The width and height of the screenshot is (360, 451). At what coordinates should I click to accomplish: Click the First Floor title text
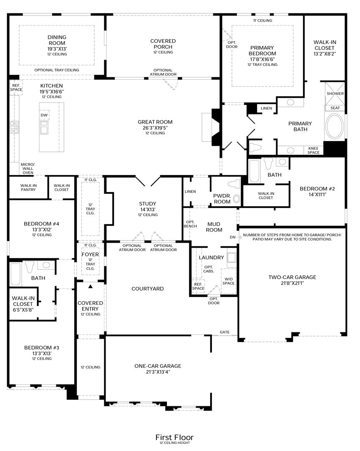click(x=174, y=437)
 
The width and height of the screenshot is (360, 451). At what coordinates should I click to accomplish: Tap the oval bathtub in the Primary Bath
click(x=335, y=127)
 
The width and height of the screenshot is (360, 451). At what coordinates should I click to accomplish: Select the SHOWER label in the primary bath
click(x=335, y=94)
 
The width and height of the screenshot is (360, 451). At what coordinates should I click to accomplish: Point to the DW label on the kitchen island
click(x=44, y=115)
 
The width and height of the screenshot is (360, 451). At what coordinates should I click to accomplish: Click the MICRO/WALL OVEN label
click(x=28, y=168)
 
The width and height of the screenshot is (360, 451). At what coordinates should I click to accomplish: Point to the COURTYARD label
click(x=148, y=289)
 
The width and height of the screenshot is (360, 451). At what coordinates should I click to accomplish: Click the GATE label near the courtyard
click(x=224, y=332)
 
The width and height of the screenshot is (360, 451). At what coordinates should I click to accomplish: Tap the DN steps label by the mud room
click(x=232, y=237)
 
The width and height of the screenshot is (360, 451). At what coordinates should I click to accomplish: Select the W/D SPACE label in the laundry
click(x=228, y=281)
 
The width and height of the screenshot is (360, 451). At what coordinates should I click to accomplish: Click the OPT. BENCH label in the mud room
click(x=190, y=224)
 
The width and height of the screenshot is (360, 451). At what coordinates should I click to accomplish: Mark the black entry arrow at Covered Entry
click(x=90, y=286)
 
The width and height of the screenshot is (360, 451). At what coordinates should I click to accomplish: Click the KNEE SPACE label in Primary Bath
click(x=314, y=150)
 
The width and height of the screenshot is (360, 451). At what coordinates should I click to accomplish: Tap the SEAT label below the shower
click(x=335, y=108)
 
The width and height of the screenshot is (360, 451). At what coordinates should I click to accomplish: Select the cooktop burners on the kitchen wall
click(x=14, y=127)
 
